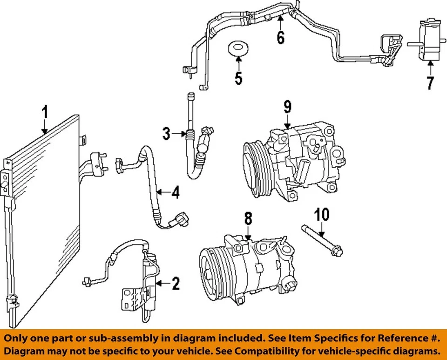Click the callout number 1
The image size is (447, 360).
click(x=45, y=113)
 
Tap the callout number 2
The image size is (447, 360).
click(x=175, y=283)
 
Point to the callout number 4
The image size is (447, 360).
click(x=175, y=192)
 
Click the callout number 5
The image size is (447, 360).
click(x=238, y=78)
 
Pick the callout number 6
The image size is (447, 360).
click(x=280, y=37)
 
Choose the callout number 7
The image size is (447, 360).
click(x=430, y=83)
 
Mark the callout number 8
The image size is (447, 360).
click(x=248, y=218)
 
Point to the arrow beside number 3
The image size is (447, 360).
click(x=179, y=135)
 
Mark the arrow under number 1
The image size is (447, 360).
click(x=45, y=127)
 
